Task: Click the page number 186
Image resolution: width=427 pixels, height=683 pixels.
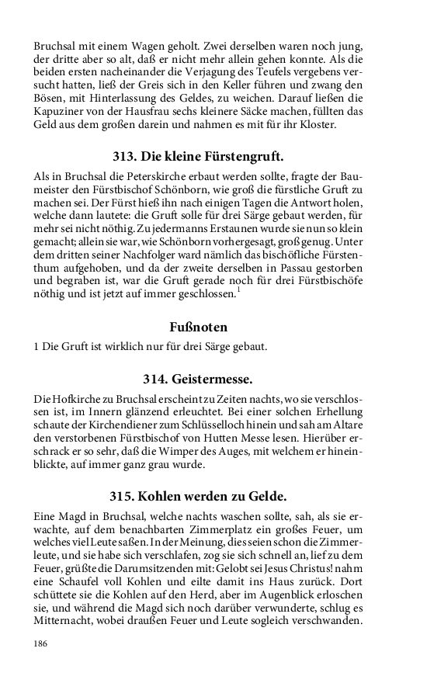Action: point(40,643)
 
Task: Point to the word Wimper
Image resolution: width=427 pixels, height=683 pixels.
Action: point(203,456)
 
